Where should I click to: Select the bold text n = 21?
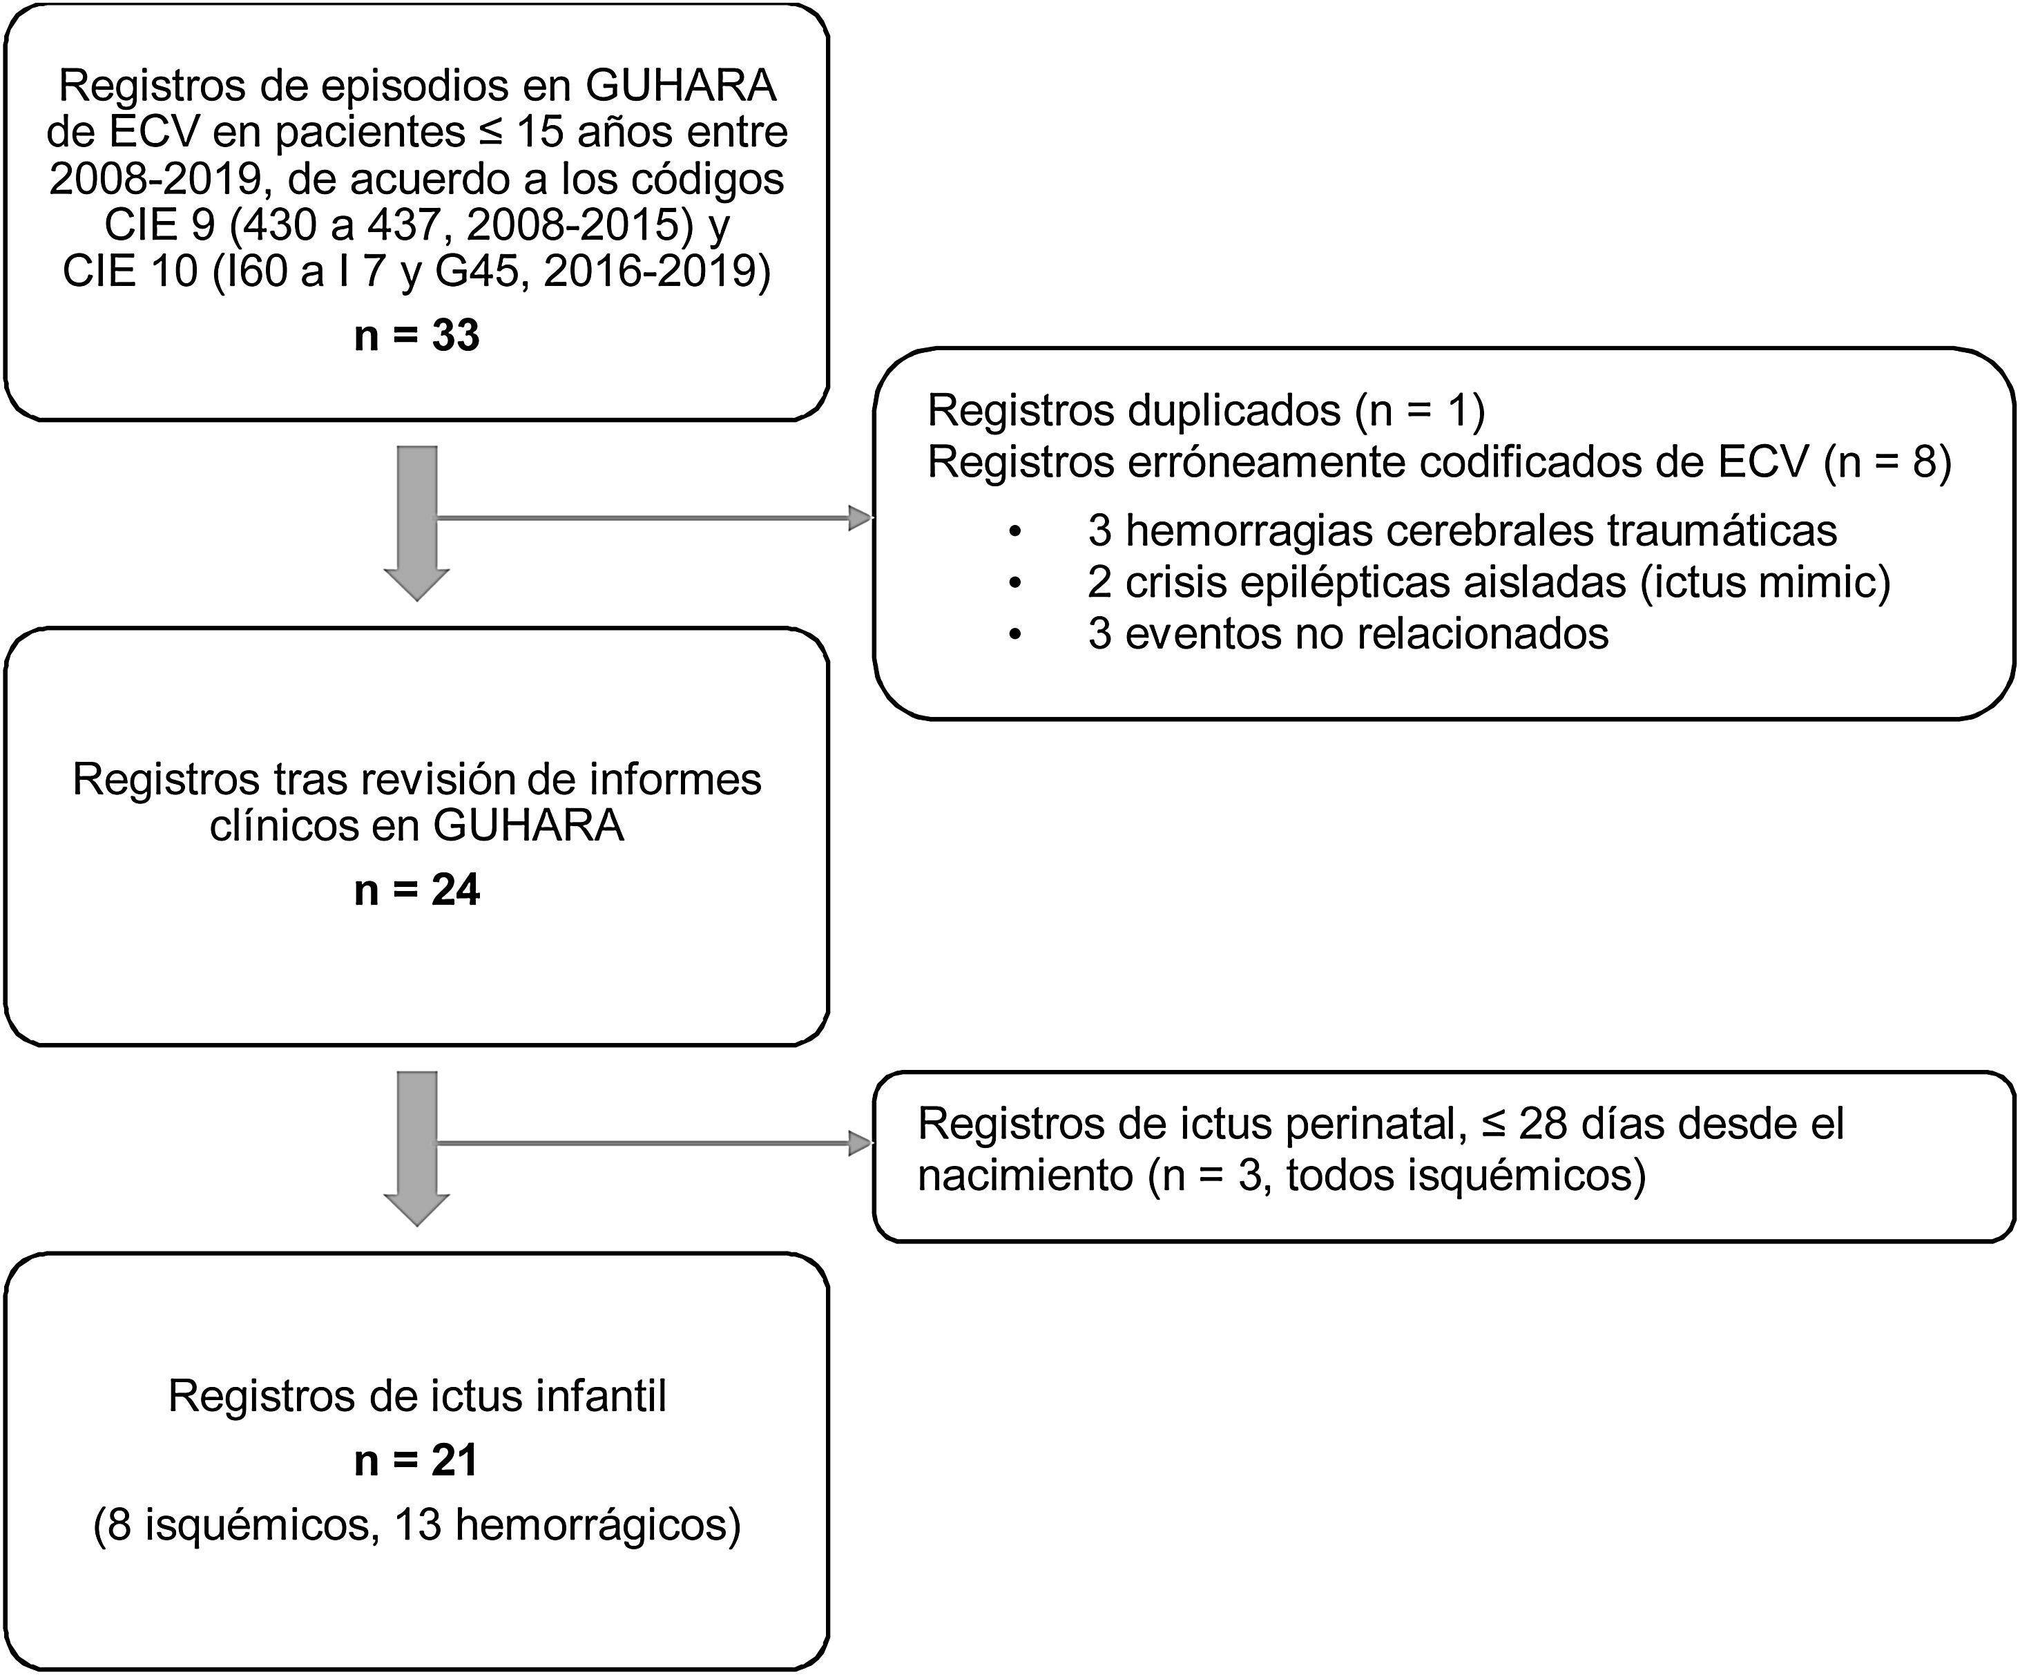(416, 1460)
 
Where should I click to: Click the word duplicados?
(1234, 412)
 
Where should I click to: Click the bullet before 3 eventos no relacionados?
(1014, 635)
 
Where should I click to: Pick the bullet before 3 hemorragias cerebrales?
(1014, 531)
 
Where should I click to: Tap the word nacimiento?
(1024, 1176)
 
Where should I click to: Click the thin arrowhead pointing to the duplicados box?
(859, 519)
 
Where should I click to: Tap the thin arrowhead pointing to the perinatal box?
(859, 1143)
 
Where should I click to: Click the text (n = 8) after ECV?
(1887, 463)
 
